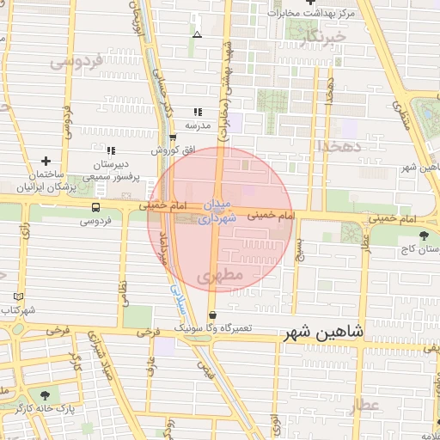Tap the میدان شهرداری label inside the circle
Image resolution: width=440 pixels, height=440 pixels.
pos(216,211)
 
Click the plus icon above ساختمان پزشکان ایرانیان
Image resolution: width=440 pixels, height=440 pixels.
pos(45,160)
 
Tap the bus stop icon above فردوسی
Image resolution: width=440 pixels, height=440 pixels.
pos(95,207)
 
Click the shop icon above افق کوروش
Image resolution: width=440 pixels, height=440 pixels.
pos(173,137)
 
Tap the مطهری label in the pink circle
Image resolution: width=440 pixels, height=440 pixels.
pos(221,276)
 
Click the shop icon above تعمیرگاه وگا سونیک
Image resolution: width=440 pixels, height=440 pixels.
pos(212,315)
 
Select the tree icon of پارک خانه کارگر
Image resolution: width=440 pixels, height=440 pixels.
pos(45,394)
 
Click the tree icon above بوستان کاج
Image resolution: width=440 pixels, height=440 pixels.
pos(424,235)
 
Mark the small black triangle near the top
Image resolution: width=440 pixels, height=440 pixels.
pos(198,35)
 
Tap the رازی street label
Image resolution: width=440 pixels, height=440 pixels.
pos(26,230)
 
